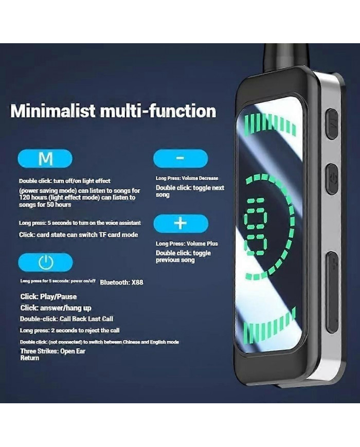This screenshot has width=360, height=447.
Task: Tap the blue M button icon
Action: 46,159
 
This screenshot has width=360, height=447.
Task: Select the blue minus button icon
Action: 181,158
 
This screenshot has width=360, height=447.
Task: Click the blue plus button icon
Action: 181,224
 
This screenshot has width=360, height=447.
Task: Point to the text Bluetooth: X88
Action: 121,282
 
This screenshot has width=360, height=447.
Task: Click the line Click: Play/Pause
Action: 48,297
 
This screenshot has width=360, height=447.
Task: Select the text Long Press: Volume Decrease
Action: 187,178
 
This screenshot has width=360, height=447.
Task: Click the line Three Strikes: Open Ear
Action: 52,351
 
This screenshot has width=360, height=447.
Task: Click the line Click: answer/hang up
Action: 56,308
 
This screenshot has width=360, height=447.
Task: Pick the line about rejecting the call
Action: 69,330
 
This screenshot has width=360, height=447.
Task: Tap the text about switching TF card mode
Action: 79,235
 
